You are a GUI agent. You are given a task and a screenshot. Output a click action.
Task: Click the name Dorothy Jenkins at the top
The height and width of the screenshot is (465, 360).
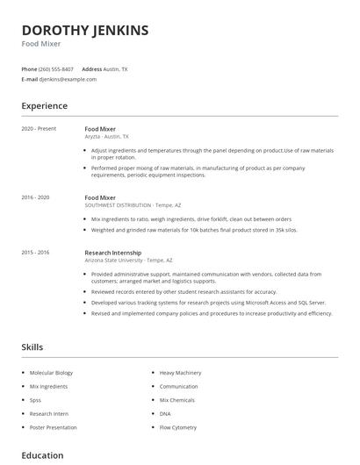pos(85,30)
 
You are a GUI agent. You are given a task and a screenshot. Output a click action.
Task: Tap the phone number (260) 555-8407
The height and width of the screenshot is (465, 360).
pos(57,68)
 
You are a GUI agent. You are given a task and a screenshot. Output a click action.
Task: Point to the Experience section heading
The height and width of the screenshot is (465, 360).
pos(44,106)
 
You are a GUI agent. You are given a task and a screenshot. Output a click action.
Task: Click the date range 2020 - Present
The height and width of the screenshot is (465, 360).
pos(39,129)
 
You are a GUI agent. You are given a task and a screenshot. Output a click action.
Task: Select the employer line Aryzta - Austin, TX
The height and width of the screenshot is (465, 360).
pos(106,137)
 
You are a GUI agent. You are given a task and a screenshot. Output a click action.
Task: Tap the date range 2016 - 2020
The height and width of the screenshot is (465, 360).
pos(35,197)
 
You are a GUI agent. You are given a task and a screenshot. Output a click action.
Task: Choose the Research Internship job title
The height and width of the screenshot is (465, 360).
pos(115,252)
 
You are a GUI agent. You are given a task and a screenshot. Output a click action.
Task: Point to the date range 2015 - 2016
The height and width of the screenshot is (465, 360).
pos(35,252)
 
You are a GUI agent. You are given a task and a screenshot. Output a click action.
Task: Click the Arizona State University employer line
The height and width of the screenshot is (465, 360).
pos(128,260)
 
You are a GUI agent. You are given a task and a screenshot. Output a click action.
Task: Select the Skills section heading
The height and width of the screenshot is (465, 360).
pos(32,347)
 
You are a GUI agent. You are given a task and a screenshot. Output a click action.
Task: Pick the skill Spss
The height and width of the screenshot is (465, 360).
pos(36,400)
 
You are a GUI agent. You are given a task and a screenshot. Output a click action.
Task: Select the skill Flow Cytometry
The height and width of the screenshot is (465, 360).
pos(179,427)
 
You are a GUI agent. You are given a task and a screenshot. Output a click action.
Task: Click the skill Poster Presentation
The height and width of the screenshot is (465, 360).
pos(53,427)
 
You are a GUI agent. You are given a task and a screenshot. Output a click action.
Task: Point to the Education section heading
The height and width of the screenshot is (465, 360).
pos(42,455)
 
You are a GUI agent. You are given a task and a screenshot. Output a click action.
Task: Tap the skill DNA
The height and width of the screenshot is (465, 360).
pos(165,413)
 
